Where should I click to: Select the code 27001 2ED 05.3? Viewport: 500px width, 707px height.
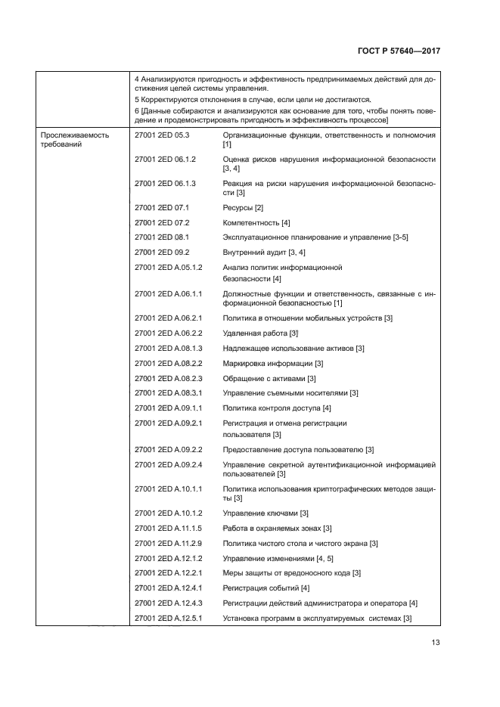[161, 135]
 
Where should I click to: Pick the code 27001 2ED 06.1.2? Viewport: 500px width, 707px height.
[165, 160]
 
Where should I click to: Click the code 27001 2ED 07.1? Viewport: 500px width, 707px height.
[161, 207]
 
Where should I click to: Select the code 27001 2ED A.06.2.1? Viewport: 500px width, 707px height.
[169, 318]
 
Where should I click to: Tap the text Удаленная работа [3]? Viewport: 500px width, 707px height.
[262, 333]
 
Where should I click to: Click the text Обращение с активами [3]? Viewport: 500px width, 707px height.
[269, 378]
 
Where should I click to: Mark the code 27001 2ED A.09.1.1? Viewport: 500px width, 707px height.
[169, 408]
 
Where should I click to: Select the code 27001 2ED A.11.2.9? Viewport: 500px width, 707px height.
[169, 543]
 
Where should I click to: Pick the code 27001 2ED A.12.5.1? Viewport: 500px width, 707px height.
[169, 618]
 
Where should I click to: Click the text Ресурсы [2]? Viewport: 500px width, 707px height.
[243, 207]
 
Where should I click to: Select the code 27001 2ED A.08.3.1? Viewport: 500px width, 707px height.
[169, 393]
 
